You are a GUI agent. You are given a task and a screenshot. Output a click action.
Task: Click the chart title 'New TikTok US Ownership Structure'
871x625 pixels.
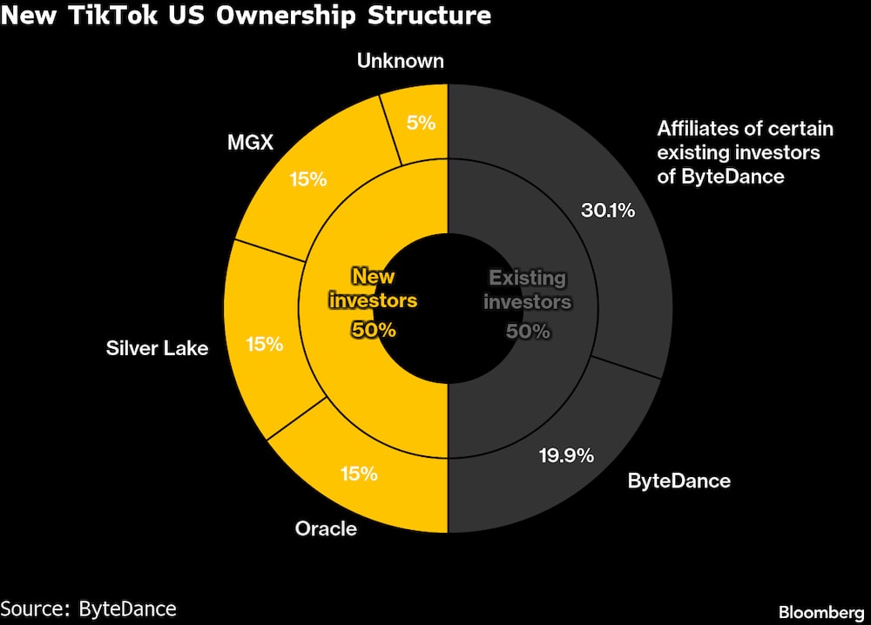point(246,16)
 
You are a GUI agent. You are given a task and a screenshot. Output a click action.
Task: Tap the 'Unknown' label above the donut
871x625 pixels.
point(401,61)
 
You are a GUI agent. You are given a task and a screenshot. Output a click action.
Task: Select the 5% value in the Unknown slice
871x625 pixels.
point(421,123)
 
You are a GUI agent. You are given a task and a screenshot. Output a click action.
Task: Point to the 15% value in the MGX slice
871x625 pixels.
point(307,179)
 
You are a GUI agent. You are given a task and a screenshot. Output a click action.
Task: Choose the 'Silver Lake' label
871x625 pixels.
point(157,348)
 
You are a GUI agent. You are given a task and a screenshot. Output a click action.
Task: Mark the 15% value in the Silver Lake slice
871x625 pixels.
point(265,344)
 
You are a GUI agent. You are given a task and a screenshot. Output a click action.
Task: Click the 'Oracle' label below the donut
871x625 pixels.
point(326,528)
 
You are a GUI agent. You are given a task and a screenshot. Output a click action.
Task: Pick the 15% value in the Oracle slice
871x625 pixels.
point(358,474)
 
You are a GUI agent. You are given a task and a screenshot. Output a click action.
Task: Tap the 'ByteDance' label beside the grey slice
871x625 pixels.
point(679,481)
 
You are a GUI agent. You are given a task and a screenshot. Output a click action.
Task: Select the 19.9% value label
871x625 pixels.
point(565,454)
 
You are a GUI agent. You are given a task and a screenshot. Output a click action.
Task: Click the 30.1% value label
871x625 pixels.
point(607,210)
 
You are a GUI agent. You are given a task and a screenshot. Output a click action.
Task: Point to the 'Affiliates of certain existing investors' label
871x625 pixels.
point(745,153)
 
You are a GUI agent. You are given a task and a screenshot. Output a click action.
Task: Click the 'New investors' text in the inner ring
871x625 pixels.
point(373,289)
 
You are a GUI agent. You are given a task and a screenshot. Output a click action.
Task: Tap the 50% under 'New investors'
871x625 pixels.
point(373,330)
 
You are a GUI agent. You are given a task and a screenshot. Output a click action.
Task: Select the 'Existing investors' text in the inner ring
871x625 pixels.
point(527,290)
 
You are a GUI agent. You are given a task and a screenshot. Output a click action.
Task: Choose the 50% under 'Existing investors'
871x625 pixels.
point(527,331)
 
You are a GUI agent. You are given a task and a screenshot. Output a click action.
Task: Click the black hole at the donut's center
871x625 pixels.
point(448,309)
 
